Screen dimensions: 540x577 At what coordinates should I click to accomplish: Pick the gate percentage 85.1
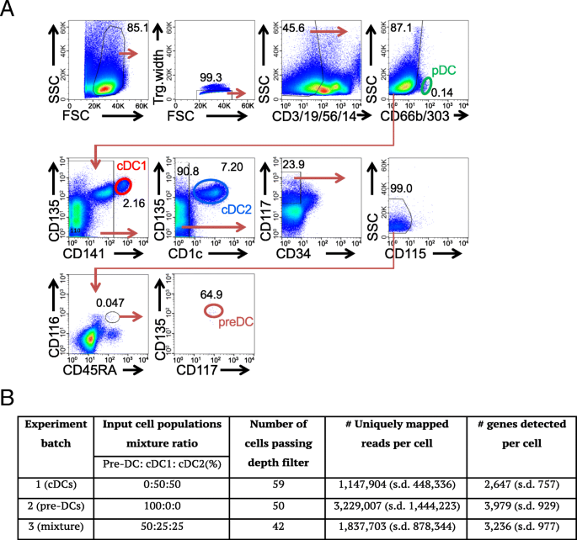(x=137, y=29)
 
